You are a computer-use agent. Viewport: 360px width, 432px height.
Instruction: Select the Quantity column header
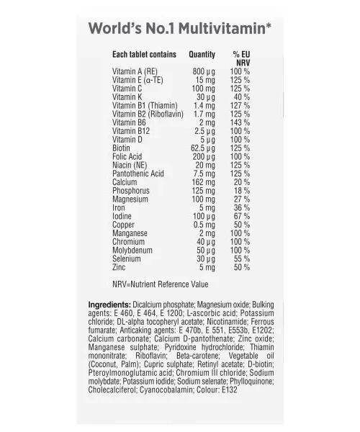202,55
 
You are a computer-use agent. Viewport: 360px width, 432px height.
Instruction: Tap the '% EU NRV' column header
241,58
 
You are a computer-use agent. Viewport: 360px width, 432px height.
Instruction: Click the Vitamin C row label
128,88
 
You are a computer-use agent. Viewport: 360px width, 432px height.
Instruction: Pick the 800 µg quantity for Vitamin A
204,72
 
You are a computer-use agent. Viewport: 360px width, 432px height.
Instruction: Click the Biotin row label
122,148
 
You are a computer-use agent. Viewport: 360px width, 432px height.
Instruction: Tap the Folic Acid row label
127,157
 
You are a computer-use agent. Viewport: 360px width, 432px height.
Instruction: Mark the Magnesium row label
130,199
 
